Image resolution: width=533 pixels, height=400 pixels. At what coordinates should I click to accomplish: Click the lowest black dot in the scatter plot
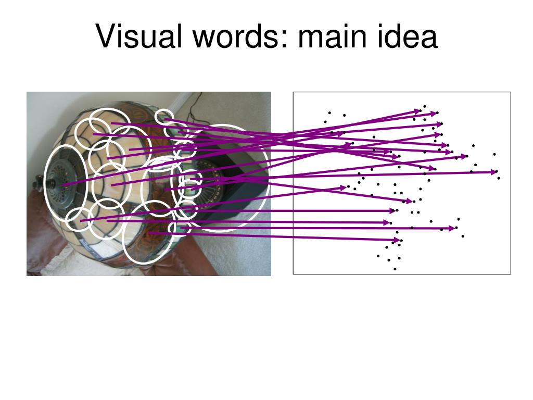[395, 269]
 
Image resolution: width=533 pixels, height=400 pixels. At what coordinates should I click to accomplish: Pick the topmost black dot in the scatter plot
[425, 106]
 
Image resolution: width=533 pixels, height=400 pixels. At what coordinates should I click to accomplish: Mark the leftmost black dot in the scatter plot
[325, 122]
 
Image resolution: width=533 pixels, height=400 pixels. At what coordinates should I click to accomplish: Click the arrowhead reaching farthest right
[494, 171]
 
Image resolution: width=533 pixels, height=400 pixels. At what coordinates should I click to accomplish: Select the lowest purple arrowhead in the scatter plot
[397, 240]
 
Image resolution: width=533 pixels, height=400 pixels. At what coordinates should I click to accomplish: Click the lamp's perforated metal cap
[65, 179]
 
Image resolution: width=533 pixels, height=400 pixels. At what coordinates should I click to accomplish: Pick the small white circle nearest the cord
[165, 117]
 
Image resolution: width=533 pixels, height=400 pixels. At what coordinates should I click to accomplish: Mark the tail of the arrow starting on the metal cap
[64, 185]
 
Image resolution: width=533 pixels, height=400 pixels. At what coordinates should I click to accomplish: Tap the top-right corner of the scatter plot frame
[511, 92]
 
